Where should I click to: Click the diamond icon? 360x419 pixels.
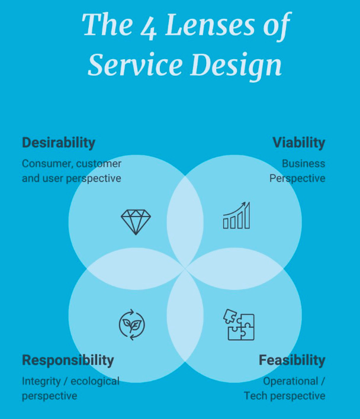click(x=136, y=222)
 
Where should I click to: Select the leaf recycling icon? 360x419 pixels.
click(x=132, y=325)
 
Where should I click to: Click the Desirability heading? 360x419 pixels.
click(x=59, y=143)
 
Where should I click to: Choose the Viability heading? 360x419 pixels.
click(x=298, y=143)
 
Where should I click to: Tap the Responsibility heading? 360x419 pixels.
click(x=67, y=360)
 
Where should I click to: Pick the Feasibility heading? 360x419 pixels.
click(x=292, y=360)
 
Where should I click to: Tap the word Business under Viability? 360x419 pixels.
click(x=303, y=163)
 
